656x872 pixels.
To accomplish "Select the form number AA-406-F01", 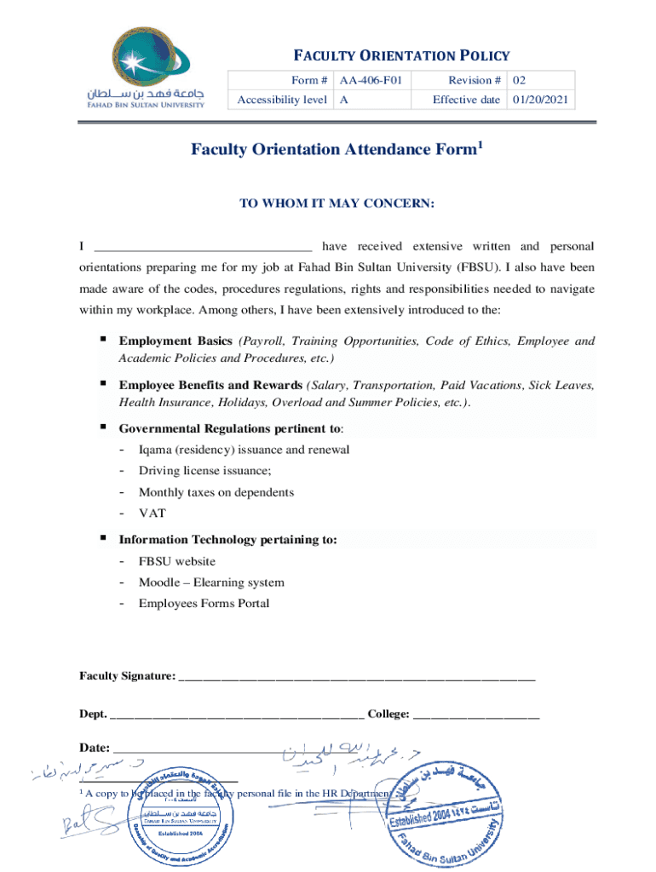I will (x=371, y=80).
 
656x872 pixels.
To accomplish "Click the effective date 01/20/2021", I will (x=541, y=100).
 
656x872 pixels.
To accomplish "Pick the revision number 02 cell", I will (x=519, y=80).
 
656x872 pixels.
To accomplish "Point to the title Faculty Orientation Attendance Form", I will (x=337, y=150).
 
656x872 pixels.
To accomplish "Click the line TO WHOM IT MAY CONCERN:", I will (x=337, y=204).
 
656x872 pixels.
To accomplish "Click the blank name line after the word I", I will (x=203, y=249).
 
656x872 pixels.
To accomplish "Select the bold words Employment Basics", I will (x=176, y=341).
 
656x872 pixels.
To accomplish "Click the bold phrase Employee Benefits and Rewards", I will (x=210, y=385).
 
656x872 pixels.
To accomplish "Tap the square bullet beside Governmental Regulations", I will (x=102, y=427).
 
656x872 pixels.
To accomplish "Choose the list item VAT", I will (x=152, y=513).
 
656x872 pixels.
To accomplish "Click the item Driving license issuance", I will (x=205, y=471).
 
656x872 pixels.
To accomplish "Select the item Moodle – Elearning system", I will (x=211, y=582).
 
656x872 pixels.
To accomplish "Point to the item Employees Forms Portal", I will (x=204, y=604).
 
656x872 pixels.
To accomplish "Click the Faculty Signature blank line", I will (x=357, y=678).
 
